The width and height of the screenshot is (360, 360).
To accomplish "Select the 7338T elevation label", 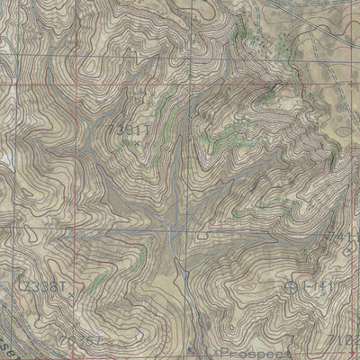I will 39,285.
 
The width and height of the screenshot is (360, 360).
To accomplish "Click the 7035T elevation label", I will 79,342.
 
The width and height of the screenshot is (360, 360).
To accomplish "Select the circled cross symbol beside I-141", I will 292,287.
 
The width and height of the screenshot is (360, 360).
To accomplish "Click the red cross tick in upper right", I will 274,85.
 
